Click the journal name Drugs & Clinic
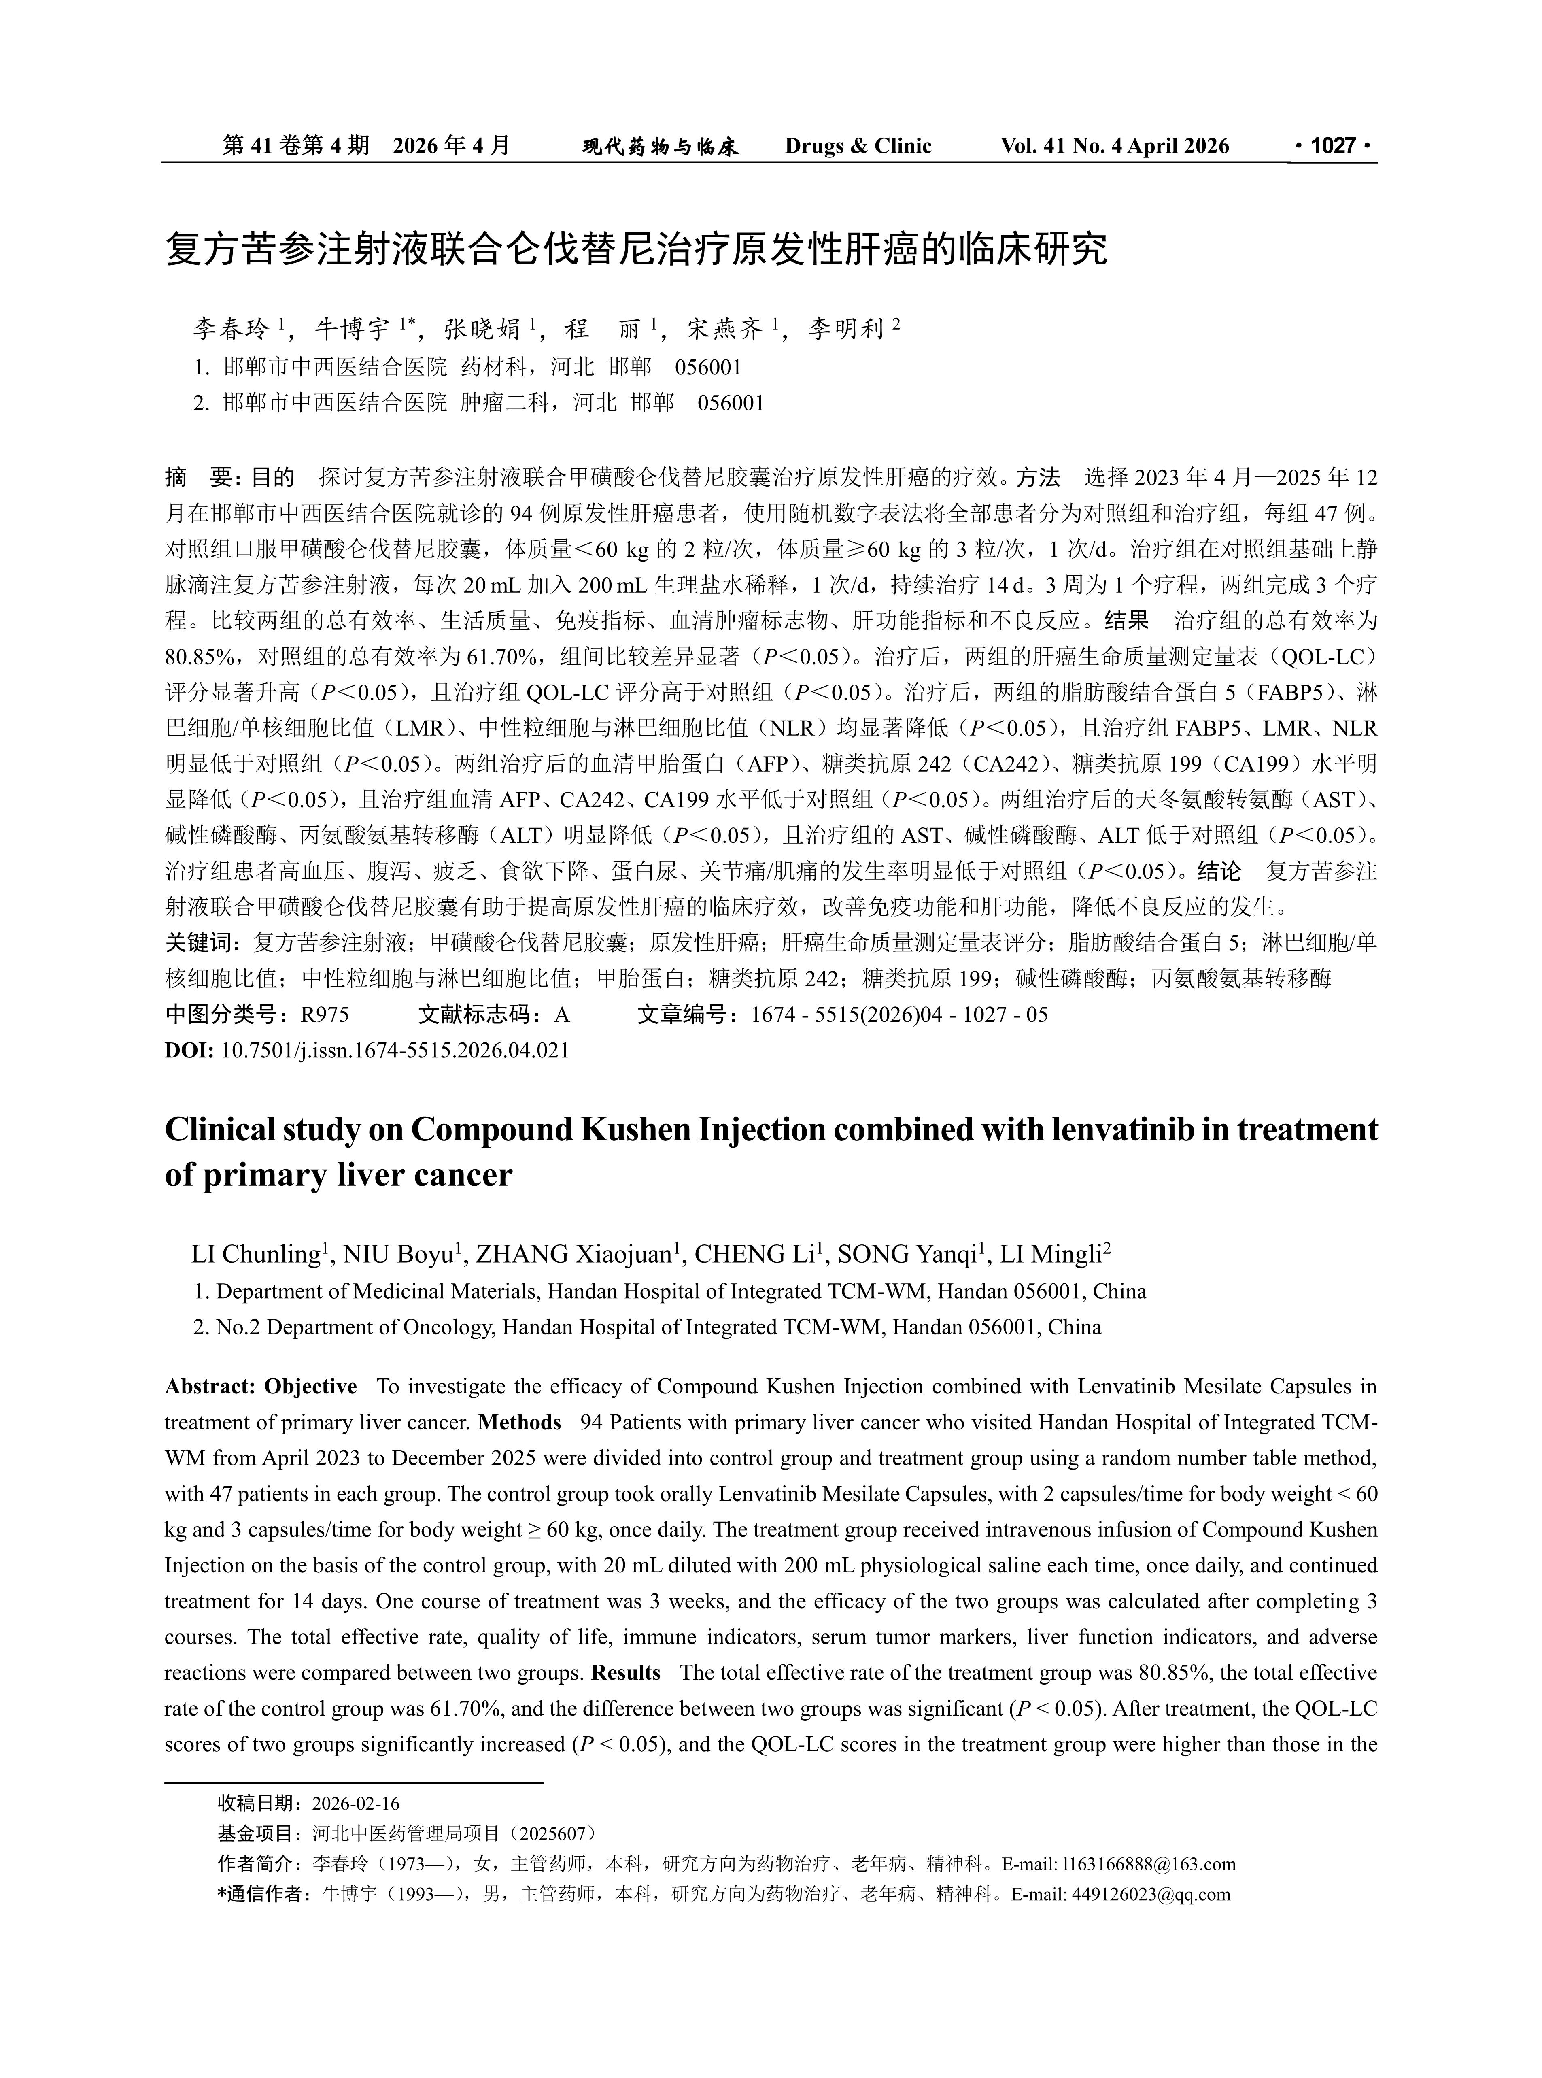point(858,146)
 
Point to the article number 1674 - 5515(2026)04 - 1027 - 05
point(900,1015)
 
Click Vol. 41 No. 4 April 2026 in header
point(1115,146)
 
